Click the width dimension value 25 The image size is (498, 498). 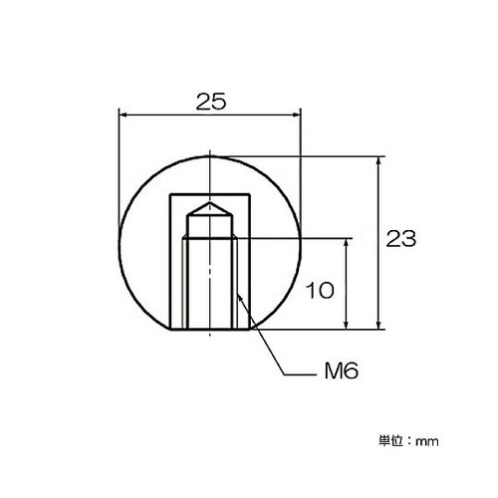click(x=208, y=101)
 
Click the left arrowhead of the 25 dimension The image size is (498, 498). click(x=124, y=115)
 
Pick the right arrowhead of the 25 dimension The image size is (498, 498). click(x=295, y=115)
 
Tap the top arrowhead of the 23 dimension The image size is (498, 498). click(x=378, y=160)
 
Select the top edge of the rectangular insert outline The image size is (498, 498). click(x=209, y=191)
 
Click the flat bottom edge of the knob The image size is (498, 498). click(x=209, y=329)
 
